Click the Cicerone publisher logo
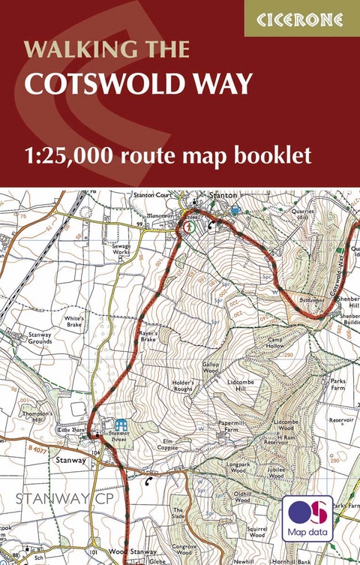pyautogui.click(x=302, y=18)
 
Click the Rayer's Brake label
pyautogui.click(x=152, y=335)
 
